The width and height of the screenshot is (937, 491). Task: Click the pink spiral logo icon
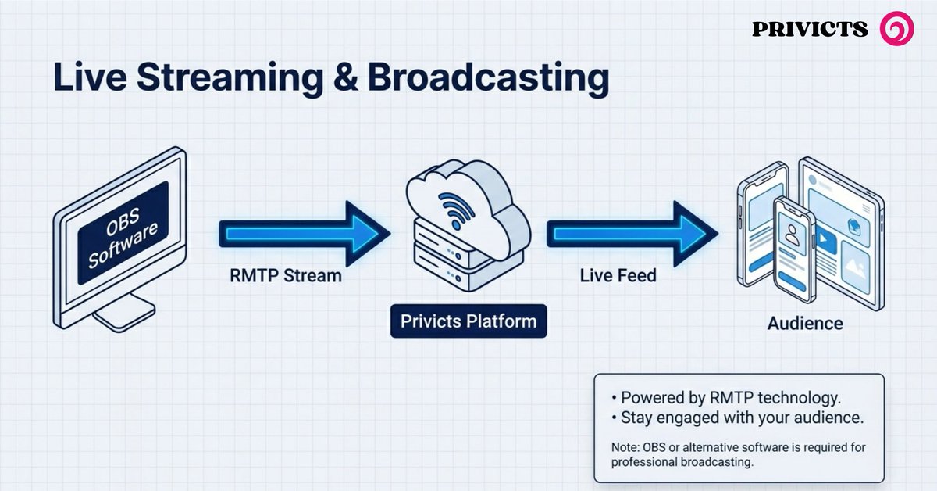click(x=896, y=29)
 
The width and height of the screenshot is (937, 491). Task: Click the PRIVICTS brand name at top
click(x=810, y=30)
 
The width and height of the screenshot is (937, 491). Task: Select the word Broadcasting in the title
click(x=487, y=79)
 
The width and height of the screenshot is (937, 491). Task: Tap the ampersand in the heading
click(x=342, y=79)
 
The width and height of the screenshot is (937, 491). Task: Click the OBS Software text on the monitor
click(x=123, y=233)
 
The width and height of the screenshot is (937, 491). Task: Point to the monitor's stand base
click(x=123, y=317)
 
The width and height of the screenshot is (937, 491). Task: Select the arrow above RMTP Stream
click(x=305, y=232)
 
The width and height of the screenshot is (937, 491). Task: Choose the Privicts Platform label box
click(x=468, y=321)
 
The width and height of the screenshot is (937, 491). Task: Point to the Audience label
click(x=805, y=323)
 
